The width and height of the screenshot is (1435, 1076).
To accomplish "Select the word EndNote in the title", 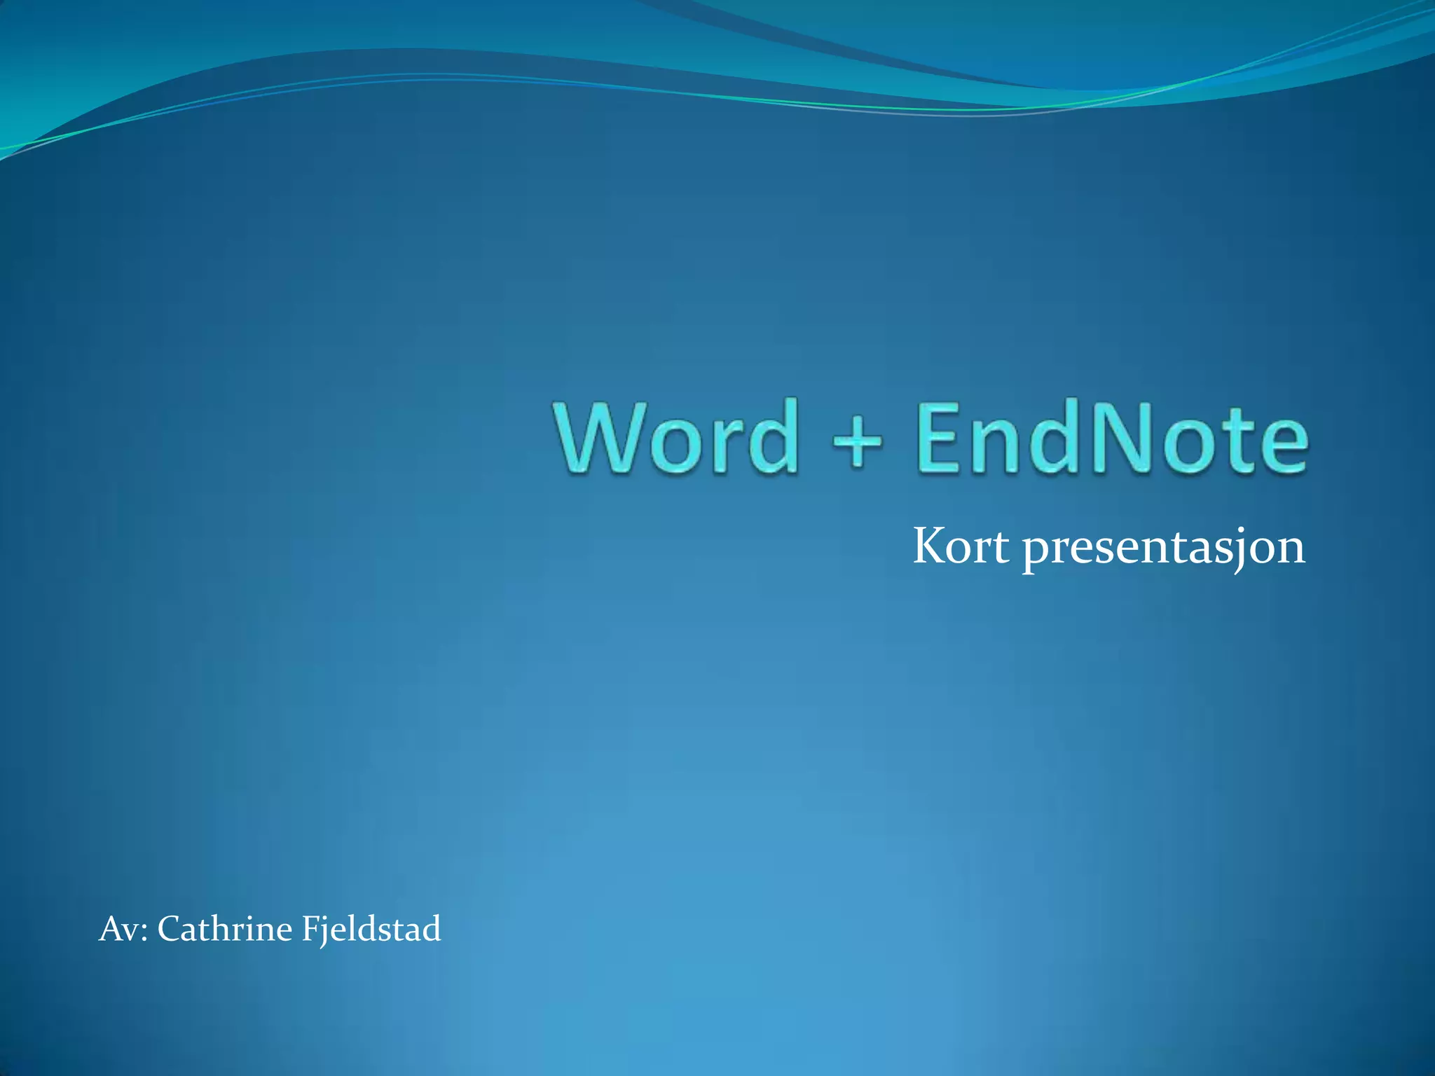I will tap(1111, 438).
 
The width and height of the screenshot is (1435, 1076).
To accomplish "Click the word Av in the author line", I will tap(118, 930).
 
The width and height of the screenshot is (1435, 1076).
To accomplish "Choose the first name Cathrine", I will tap(224, 930).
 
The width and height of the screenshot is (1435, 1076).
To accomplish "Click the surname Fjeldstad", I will tap(371, 930).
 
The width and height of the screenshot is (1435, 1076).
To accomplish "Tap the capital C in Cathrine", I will tap(170, 930).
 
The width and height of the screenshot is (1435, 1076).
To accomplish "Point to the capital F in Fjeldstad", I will tap(309, 930).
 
